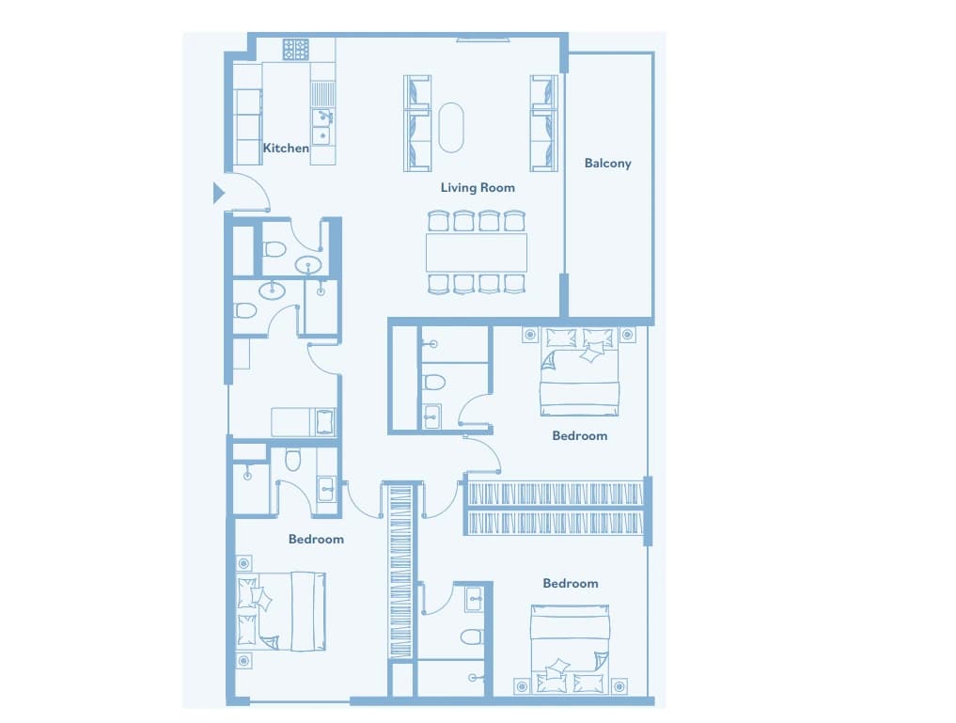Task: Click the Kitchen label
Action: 286,149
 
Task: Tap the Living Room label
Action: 478,188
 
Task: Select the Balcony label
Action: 607,164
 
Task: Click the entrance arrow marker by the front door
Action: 218,194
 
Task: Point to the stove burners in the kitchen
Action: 296,50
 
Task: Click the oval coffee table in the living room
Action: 451,128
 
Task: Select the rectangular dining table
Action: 477,252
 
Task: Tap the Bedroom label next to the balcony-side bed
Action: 579,436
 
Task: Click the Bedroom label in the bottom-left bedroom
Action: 316,540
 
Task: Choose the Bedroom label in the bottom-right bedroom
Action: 570,584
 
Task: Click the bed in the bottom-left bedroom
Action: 280,611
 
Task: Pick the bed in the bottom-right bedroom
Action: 570,650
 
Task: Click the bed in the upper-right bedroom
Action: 579,372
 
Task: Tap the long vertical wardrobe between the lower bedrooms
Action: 400,572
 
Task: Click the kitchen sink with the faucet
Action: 322,126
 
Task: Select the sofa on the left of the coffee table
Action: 417,123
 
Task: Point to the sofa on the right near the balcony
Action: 544,123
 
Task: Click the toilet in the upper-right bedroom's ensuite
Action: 434,383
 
